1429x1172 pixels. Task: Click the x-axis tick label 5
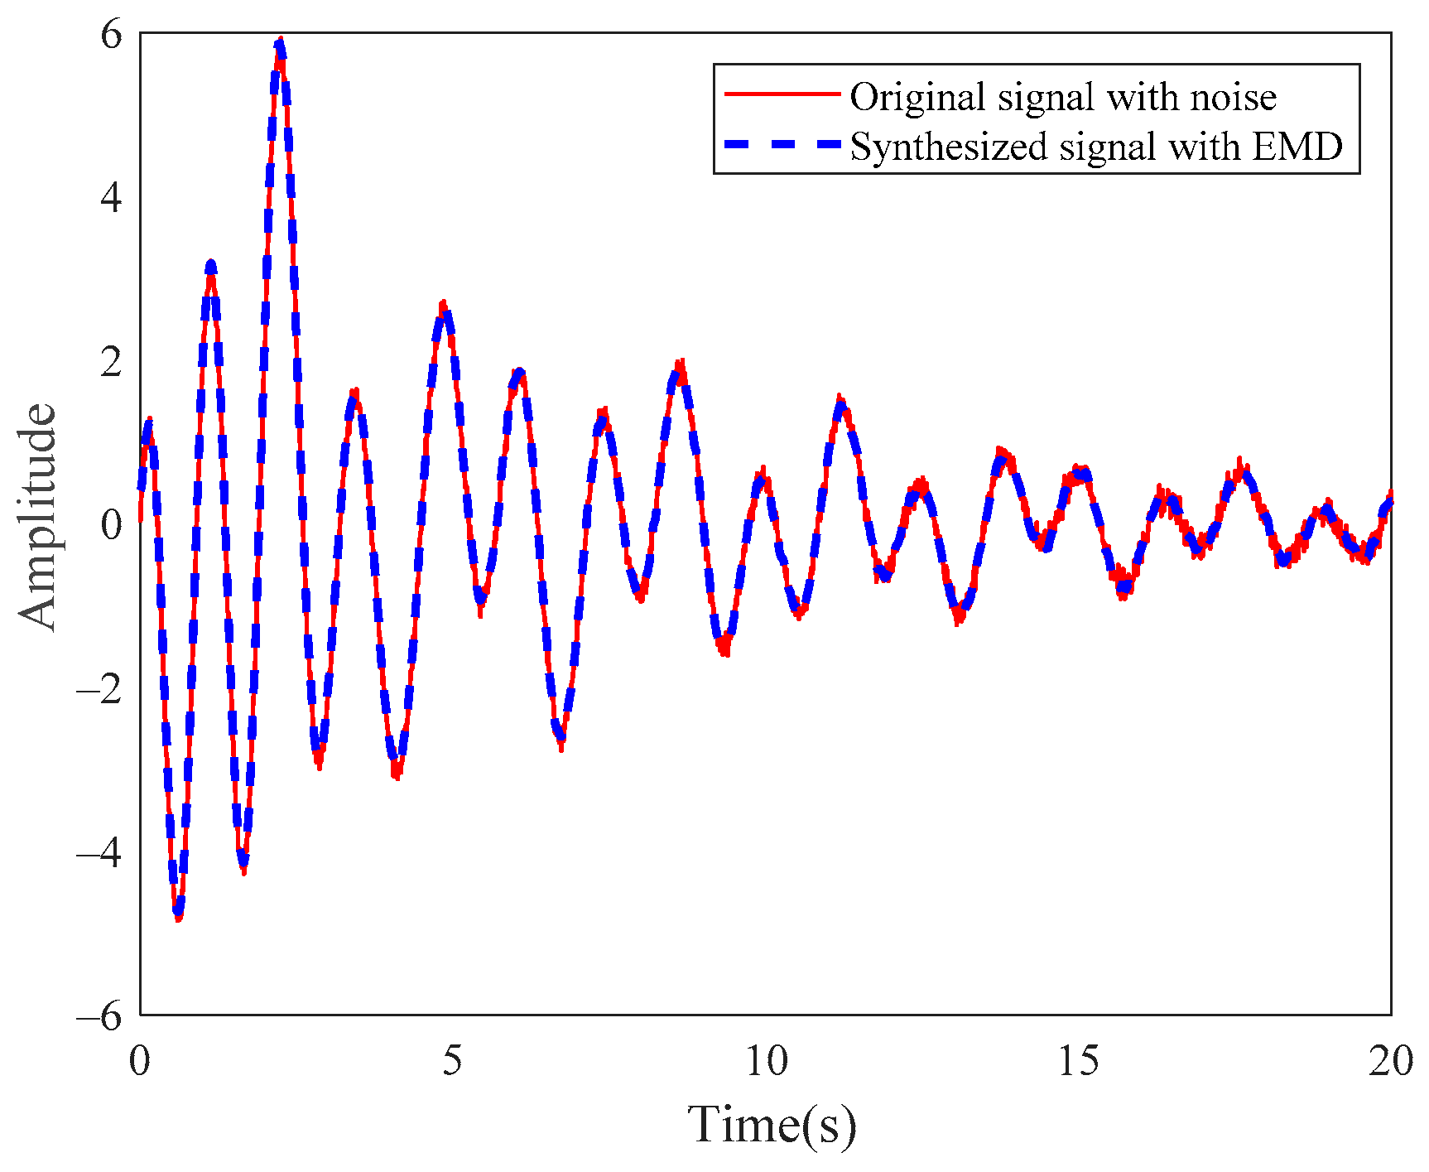click(452, 1061)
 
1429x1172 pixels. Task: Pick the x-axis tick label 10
click(766, 1061)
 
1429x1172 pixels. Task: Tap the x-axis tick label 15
click(1079, 1061)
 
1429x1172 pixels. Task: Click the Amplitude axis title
click(37, 518)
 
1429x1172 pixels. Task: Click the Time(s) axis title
click(772, 1125)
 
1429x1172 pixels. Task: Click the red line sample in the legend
click(782, 94)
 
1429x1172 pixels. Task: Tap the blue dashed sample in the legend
click(782, 144)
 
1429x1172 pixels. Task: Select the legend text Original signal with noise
click(1063, 97)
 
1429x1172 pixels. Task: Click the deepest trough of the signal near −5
click(178, 914)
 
